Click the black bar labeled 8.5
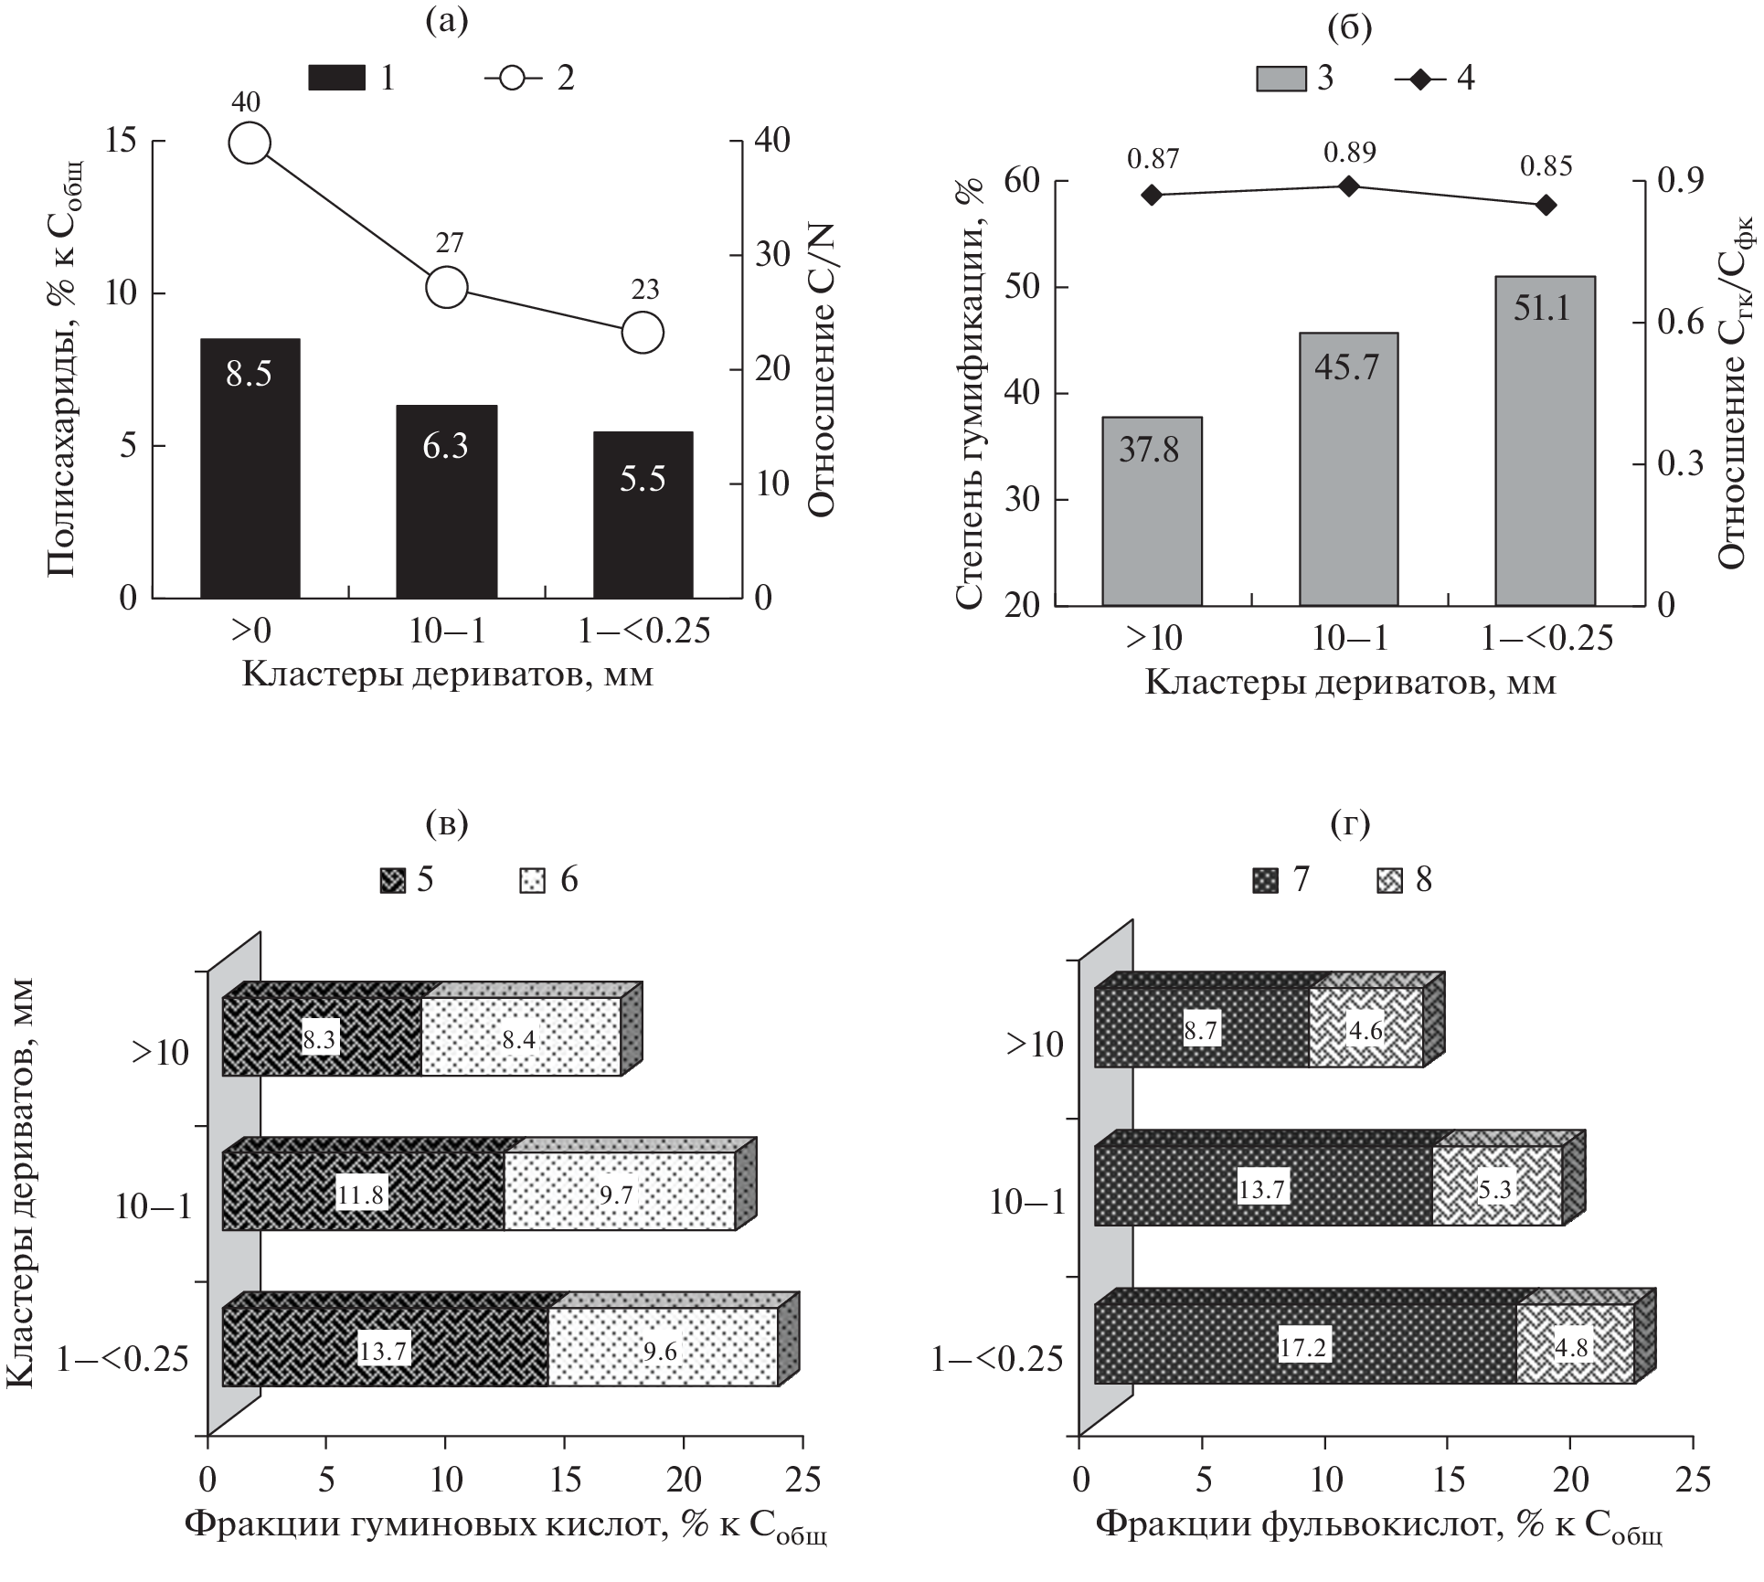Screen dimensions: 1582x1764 tap(250, 468)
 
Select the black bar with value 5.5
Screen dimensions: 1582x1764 tap(643, 515)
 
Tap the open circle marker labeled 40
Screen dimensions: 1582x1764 tap(250, 143)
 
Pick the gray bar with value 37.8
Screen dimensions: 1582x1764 tap(1152, 511)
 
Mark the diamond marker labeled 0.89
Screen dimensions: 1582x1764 tap(1349, 186)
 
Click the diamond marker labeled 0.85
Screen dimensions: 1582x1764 tap(1546, 205)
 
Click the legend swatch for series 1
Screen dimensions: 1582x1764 tap(337, 79)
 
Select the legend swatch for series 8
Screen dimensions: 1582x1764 tap(1390, 880)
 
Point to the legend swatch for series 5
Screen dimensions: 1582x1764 tap(394, 880)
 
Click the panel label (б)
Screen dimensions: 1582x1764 tap(1349, 28)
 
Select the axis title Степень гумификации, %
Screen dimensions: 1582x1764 tap(972, 393)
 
